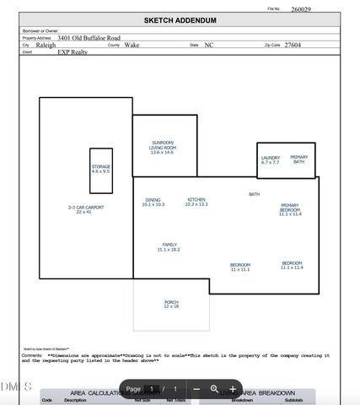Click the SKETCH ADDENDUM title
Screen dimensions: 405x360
tap(180, 19)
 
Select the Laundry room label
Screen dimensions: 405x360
tap(271, 159)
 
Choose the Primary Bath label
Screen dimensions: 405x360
tap(299, 159)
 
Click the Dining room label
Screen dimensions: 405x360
tap(153, 202)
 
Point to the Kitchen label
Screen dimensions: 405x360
tap(196, 202)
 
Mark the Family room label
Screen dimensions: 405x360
tap(169, 247)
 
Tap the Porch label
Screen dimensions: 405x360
tap(171, 304)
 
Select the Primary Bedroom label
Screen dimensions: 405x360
tap(290, 209)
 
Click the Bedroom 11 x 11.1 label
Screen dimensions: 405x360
tap(240, 267)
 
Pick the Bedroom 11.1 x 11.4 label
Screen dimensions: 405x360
tap(292, 265)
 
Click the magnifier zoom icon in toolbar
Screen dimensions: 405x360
tap(214, 389)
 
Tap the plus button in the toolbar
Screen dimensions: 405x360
tap(233, 389)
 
